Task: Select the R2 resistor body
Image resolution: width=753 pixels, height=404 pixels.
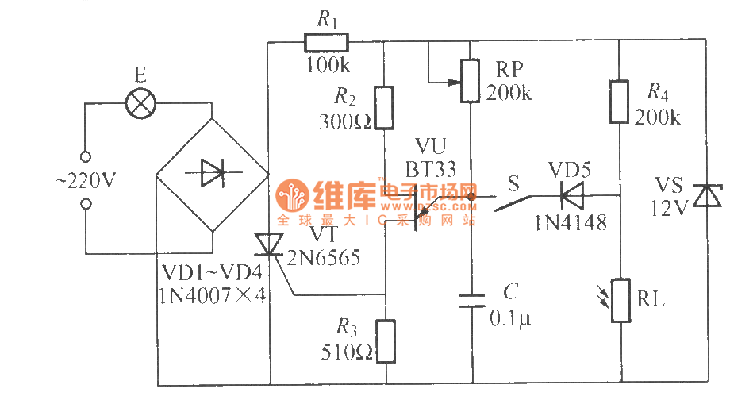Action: click(x=384, y=107)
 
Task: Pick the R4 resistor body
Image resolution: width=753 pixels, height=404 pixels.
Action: click(x=619, y=101)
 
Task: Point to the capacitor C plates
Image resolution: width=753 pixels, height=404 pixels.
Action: click(x=472, y=300)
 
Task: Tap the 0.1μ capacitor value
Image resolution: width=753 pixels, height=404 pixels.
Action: click(x=513, y=318)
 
